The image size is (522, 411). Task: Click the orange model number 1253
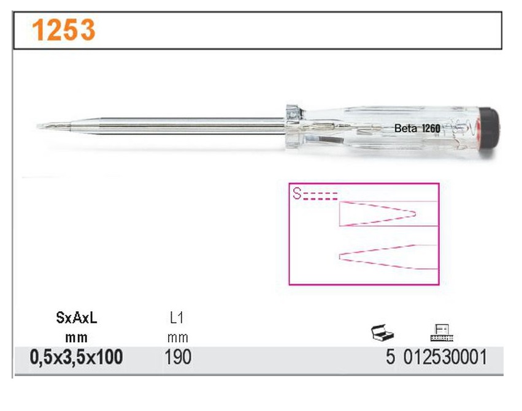[x=64, y=30]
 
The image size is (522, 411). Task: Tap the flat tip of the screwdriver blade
[x=38, y=126]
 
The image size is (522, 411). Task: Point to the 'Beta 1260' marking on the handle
[x=417, y=128]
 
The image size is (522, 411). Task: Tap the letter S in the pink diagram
[x=297, y=193]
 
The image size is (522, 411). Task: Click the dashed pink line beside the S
[x=320, y=196]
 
